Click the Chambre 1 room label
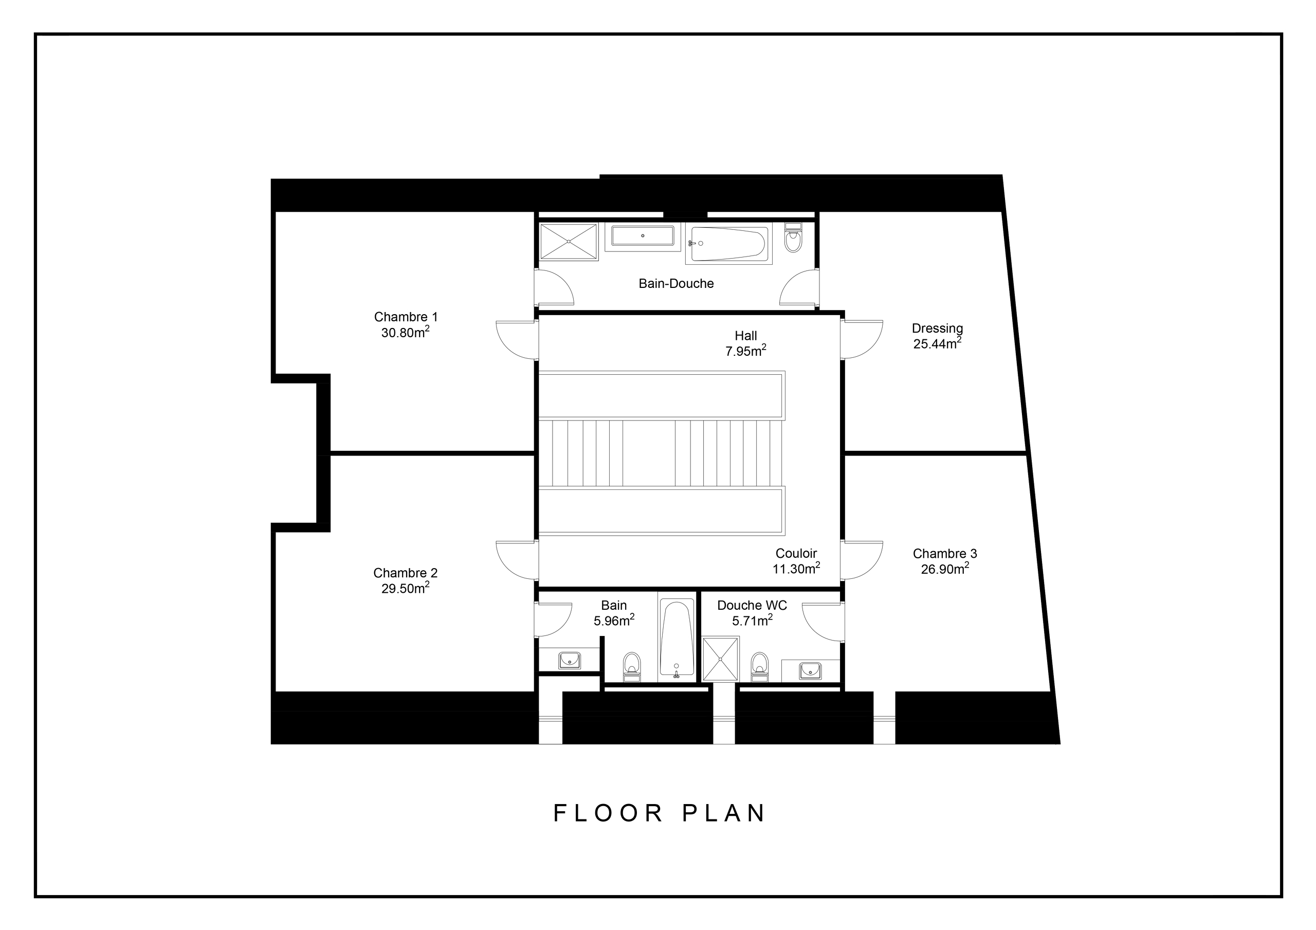[405, 317]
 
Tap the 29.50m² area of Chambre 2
[405, 588]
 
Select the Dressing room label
[937, 328]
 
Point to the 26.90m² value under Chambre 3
[944, 569]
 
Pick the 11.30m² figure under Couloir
[796, 569]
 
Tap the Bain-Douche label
[676, 283]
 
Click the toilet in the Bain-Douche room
[793, 239]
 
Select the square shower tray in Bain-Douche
[569, 242]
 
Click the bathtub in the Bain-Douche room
[728, 244]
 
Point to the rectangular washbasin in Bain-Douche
[643, 235]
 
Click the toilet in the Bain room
[632, 667]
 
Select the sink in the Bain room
[569, 660]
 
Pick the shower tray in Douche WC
[721, 659]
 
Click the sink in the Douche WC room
[810, 670]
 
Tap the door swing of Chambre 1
[516, 339]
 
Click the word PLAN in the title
[724, 813]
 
